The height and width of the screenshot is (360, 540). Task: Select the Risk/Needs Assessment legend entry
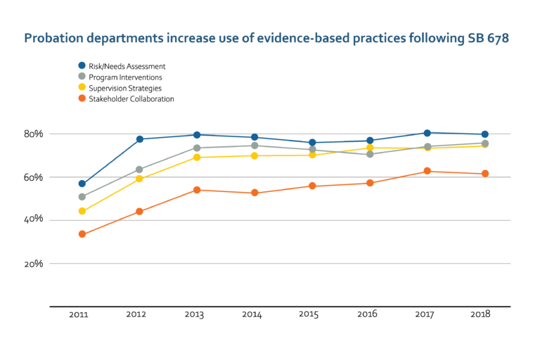127,66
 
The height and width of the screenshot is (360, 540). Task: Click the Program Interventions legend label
125,77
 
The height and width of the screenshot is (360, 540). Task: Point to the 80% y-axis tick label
32,134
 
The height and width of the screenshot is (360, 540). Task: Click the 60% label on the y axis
32,177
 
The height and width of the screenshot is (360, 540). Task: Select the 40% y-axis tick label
32,220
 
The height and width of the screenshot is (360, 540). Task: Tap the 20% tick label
32,264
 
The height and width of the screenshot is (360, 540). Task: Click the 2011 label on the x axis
79,315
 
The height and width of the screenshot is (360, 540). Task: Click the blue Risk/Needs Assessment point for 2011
82,184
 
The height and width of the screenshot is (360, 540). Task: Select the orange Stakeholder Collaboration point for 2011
82,234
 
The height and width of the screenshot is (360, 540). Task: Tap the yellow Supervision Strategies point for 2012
139,179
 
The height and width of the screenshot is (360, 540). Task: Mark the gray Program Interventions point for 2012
139,169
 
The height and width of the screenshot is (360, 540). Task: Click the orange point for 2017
427,172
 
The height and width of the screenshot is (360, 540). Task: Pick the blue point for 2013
197,135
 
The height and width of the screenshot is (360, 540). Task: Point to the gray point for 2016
370,154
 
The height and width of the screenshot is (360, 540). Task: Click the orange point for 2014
255,193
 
